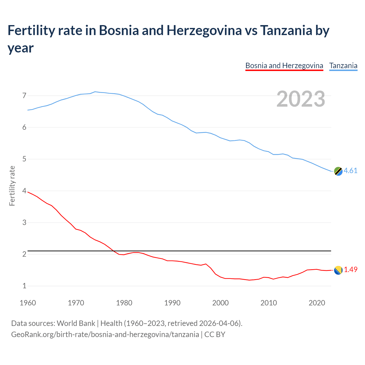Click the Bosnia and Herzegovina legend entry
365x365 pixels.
pos(284,66)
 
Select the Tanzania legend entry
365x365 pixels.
pos(343,66)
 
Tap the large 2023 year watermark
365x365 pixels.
pos(301,99)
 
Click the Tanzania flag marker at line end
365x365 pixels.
pos(338,171)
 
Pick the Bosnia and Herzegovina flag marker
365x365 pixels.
pos(338,270)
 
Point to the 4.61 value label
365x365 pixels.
pos(350,171)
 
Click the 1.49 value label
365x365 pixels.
pos(350,269)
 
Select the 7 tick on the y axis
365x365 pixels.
pos(24,96)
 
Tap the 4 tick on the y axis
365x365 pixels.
pos(24,191)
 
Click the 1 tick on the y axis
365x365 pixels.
pos(24,286)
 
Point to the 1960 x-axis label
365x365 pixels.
pos(28,303)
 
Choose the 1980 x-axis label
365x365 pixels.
pos(124,303)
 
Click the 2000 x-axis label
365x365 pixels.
pos(220,303)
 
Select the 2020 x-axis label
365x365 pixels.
pos(317,303)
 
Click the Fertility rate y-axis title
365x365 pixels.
pos(12,186)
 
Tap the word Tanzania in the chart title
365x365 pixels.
pos(286,31)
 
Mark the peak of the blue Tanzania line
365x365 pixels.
pos(95,92)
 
